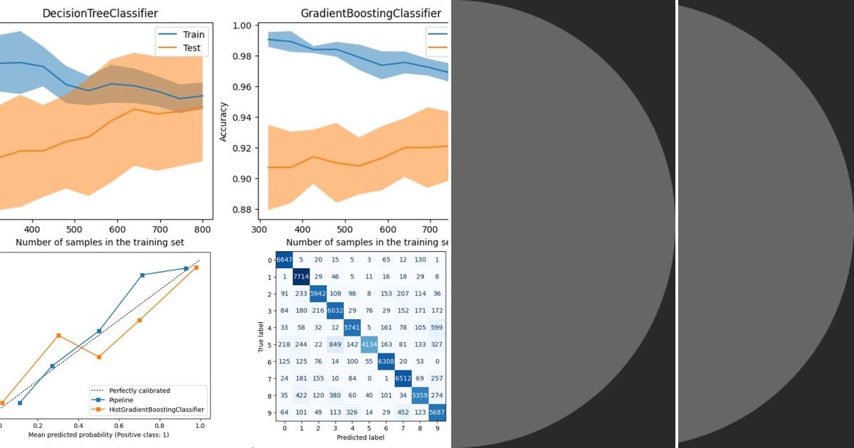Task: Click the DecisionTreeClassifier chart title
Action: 100,14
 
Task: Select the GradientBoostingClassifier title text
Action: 371,14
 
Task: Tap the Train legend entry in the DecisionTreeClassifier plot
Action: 193,34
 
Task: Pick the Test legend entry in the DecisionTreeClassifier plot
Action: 191,48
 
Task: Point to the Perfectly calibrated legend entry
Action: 139,390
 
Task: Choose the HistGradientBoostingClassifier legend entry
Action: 157,410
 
